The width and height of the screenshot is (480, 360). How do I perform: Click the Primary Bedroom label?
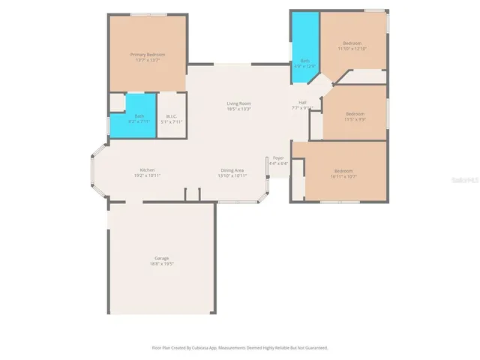(x=148, y=55)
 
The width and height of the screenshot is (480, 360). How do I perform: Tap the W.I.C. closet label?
(x=171, y=115)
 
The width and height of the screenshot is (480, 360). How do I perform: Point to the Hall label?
(x=303, y=103)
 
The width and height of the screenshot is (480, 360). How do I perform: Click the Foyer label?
(x=278, y=157)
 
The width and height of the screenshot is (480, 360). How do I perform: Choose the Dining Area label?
(x=231, y=169)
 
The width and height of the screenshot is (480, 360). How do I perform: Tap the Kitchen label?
(x=147, y=169)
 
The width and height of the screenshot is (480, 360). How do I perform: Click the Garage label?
(x=161, y=258)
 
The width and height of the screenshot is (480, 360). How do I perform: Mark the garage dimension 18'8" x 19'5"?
(x=161, y=264)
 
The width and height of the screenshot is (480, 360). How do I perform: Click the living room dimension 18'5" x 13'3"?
(x=239, y=109)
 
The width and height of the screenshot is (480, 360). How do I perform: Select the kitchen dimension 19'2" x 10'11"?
(x=147, y=175)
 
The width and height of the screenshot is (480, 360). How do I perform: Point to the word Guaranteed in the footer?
(x=315, y=348)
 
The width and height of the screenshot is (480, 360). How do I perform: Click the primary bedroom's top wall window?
(x=148, y=13)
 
